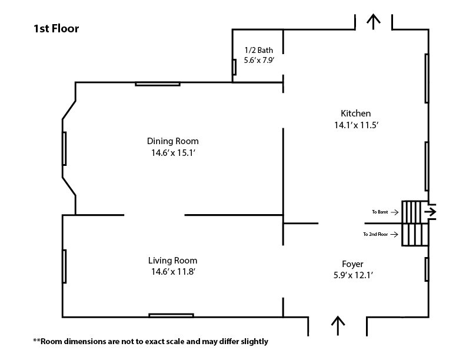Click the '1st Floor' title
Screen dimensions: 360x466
[x=56, y=28]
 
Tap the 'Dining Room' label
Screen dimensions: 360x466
[x=173, y=141]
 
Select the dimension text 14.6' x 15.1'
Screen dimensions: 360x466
[x=173, y=153]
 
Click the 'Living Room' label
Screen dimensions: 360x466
[x=173, y=261]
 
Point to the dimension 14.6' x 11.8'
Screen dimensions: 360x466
[x=173, y=272]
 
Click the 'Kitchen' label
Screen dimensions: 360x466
[x=356, y=114]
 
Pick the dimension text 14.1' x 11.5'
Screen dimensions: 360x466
[x=356, y=125]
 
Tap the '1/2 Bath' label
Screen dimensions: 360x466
[x=259, y=50]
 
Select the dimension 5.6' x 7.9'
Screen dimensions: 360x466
[x=259, y=60]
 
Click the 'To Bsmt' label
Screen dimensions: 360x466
[x=380, y=211]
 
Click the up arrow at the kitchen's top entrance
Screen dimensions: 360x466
[x=373, y=21]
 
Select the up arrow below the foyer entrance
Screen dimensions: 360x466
[x=338, y=325]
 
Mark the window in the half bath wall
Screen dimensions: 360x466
[x=234, y=68]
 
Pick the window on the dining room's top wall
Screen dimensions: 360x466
[x=157, y=84]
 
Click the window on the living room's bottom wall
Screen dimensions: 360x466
[x=171, y=316]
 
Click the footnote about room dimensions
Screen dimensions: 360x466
[x=151, y=341]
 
